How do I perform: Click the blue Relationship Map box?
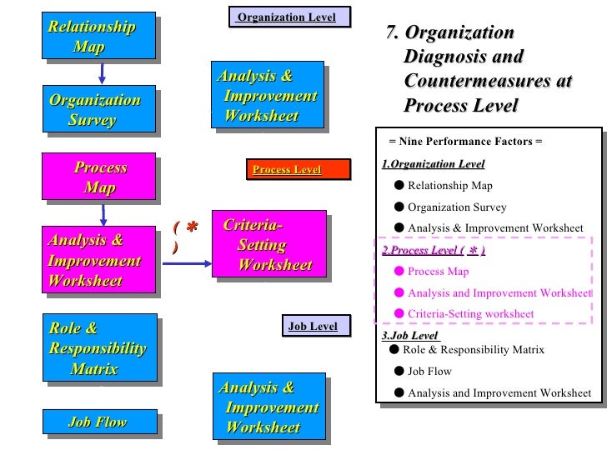click(100, 36)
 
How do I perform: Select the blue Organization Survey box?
click(100, 110)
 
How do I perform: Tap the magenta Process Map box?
click(100, 177)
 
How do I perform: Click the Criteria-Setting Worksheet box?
click(266, 246)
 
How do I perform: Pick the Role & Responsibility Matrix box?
click(102, 348)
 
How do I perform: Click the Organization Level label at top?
click(288, 17)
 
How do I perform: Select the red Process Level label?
click(287, 170)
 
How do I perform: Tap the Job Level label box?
click(314, 327)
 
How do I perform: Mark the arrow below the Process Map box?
click(101, 213)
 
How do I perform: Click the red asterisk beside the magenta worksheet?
click(191, 227)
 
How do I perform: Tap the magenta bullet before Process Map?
click(399, 271)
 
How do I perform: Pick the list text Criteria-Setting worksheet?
click(470, 314)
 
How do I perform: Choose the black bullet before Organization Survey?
click(399, 207)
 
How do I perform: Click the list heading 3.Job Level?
click(410, 336)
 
